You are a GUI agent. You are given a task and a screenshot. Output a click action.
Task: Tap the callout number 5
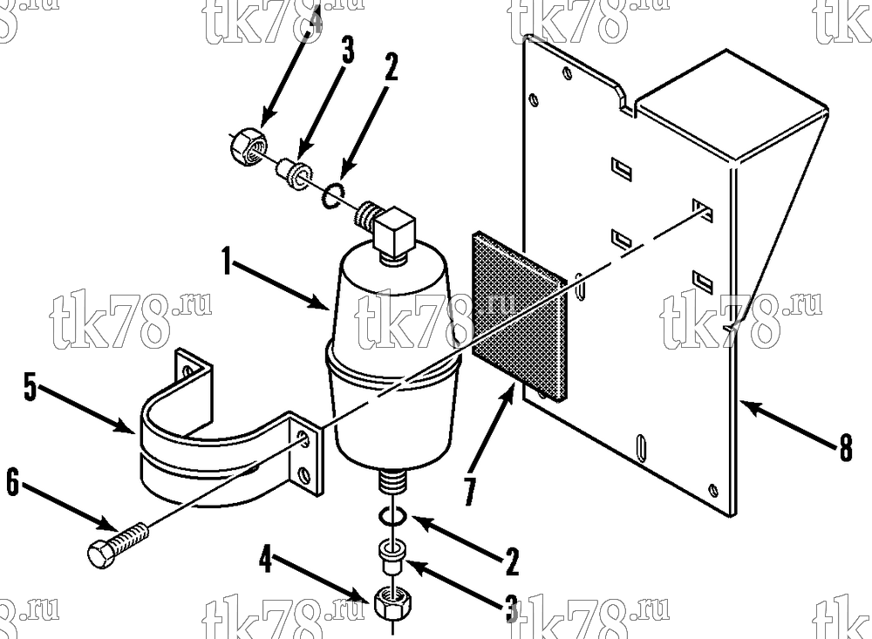(30, 387)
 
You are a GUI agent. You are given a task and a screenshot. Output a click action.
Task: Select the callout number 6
(12, 481)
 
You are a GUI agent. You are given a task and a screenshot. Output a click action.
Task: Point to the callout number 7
(470, 491)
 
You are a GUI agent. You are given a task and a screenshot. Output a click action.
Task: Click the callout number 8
(845, 448)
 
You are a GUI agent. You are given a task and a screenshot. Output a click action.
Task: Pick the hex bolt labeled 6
(119, 546)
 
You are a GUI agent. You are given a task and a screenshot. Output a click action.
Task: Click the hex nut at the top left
(248, 147)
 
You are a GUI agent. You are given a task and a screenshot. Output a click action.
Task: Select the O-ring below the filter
(392, 517)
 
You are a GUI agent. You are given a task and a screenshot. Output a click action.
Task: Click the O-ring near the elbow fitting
(332, 196)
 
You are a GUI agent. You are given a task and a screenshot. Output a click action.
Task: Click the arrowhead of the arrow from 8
(748, 405)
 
